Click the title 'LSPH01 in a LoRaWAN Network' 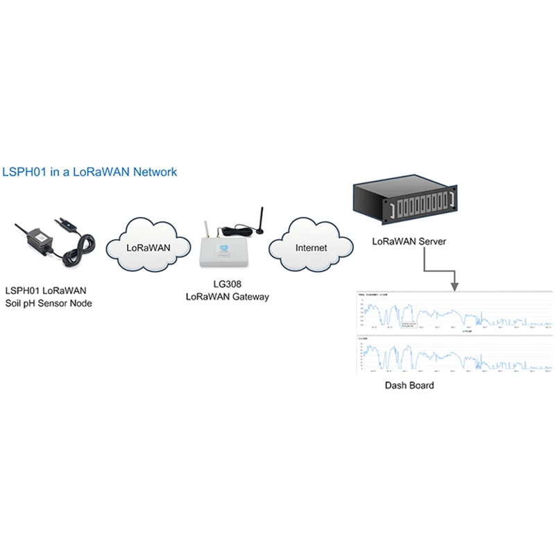pyautogui.click(x=90, y=171)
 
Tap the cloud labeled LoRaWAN pyautogui.click(x=148, y=247)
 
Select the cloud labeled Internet pyautogui.click(x=311, y=247)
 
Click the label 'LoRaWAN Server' pyautogui.click(x=409, y=241)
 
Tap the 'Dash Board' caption pyautogui.click(x=409, y=385)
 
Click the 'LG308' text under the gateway pyautogui.click(x=226, y=284)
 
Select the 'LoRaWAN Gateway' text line pyautogui.click(x=226, y=296)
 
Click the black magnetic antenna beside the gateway pyautogui.click(x=261, y=221)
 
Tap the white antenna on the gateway pyautogui.click(x=205, y=230)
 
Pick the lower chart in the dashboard pyautogui.click(x=454, y=355)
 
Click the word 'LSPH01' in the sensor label pyautogui.click(x=22, y=291)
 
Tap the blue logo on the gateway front pyautogui.click(x=224, y=248)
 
